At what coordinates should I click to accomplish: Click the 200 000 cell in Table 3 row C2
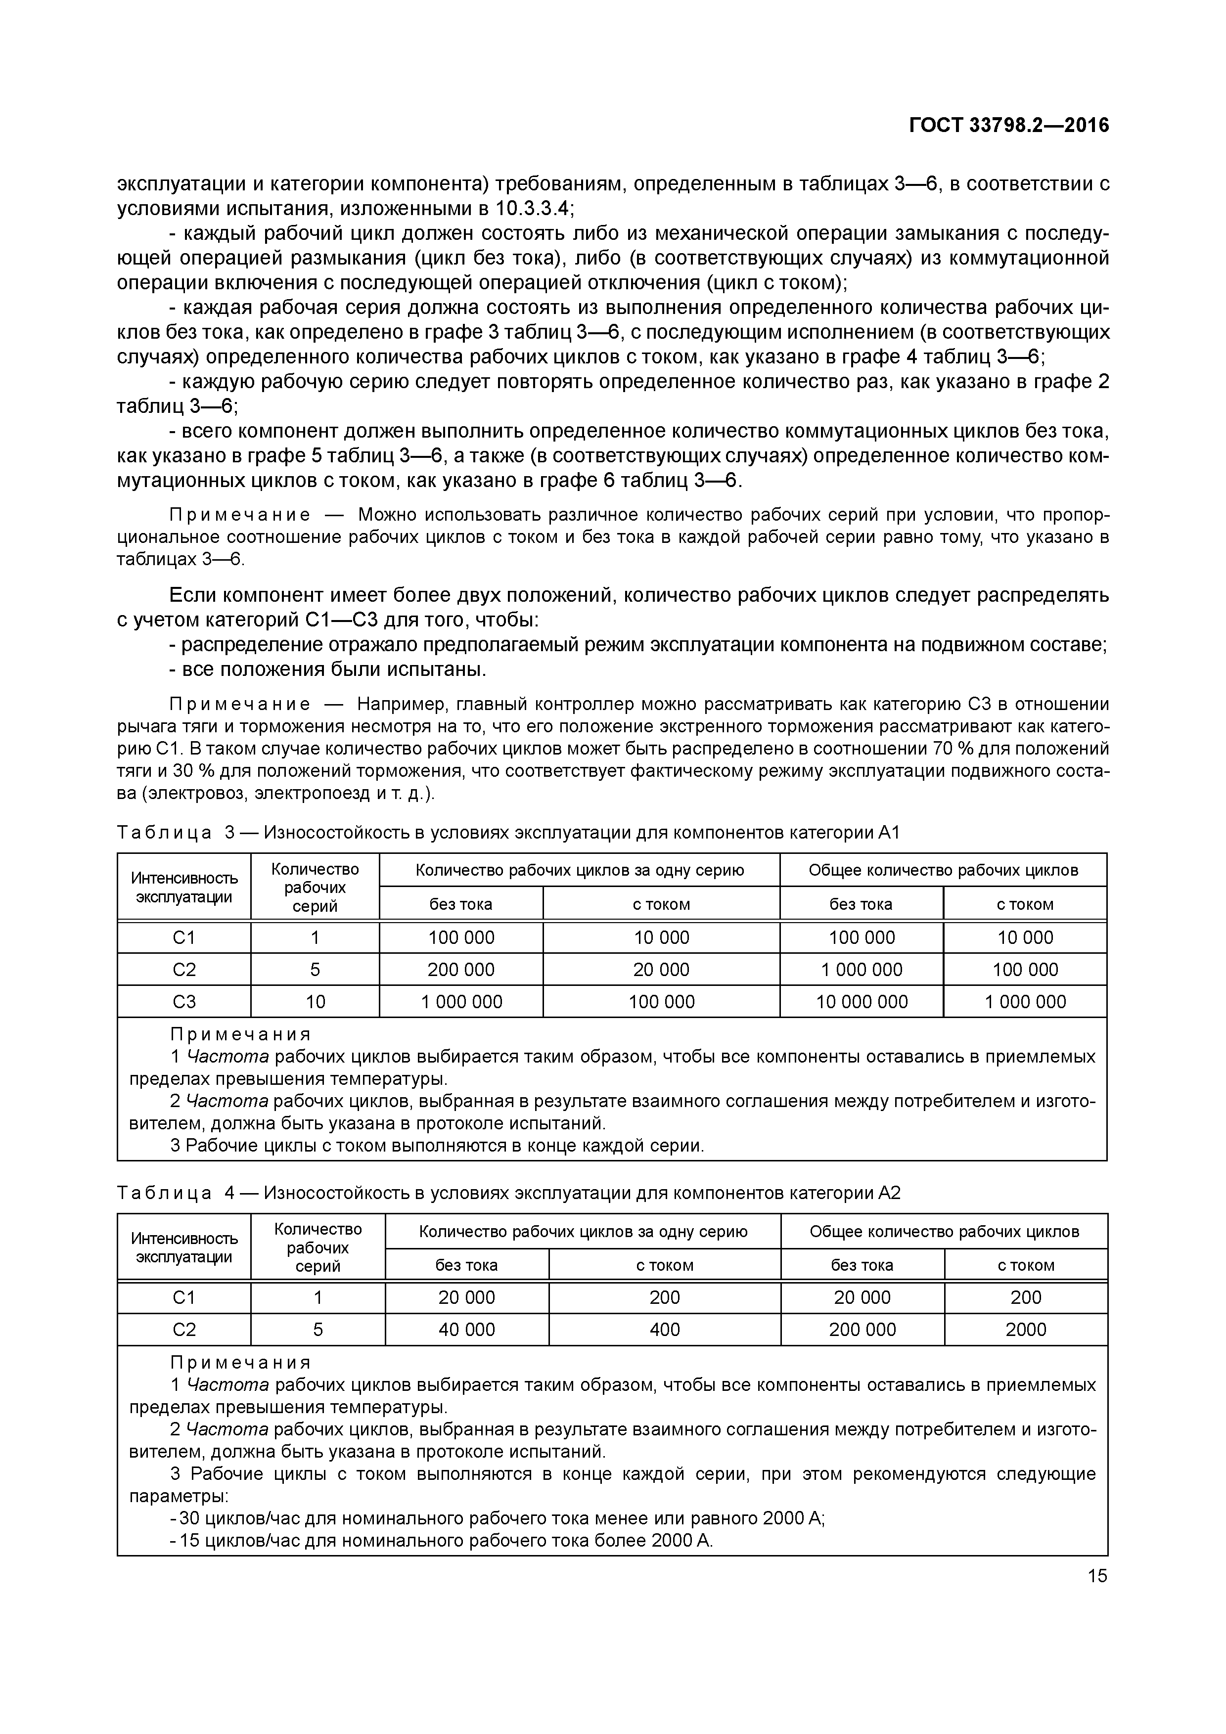(461, 969)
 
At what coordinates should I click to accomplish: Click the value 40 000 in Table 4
(467, 1329)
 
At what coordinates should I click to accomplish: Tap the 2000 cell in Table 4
(1025, 1329)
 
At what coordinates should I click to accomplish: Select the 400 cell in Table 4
(664, 1329)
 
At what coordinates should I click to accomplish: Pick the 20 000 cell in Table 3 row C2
(661, 969)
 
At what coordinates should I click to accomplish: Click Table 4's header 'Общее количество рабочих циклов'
(944, 1231)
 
